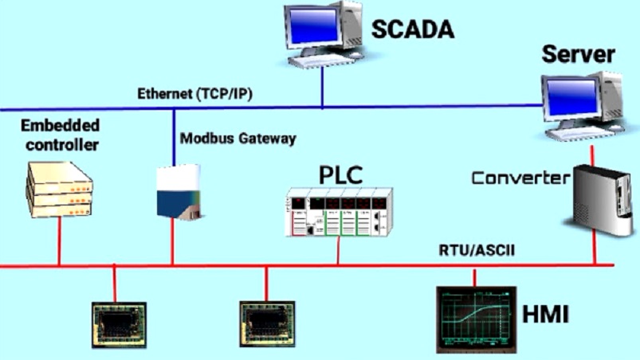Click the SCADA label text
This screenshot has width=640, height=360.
tap(413, 29)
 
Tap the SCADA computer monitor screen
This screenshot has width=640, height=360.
tap(313, 25)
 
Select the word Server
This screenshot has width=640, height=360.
tap(578, 54)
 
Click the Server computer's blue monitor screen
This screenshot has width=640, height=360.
tap(571, 97)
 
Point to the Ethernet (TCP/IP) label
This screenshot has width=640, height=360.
tap(195, 94)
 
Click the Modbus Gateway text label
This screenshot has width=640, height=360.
tap(238, 139)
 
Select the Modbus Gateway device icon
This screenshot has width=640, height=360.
tap(179, 192)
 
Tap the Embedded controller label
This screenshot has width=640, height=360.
tap(61, 135)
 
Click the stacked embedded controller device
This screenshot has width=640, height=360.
tap(60, 190)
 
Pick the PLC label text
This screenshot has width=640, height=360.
tap(340, 174)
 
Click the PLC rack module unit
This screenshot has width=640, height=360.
tap(339, 212)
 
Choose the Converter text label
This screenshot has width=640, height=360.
tap(520, 178)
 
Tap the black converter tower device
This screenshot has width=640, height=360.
tap(599, 200)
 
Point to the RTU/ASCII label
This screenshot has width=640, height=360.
tap(477, 250)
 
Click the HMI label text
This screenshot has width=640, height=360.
tap(546, 315)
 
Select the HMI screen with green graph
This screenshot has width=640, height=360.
tap(477, 319)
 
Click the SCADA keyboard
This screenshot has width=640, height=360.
tap(321, 60)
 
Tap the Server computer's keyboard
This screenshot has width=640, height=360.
tap(579, 133)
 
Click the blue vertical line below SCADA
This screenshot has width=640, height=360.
tap(323, 88)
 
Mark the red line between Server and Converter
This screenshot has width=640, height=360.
tap(592, 155)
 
